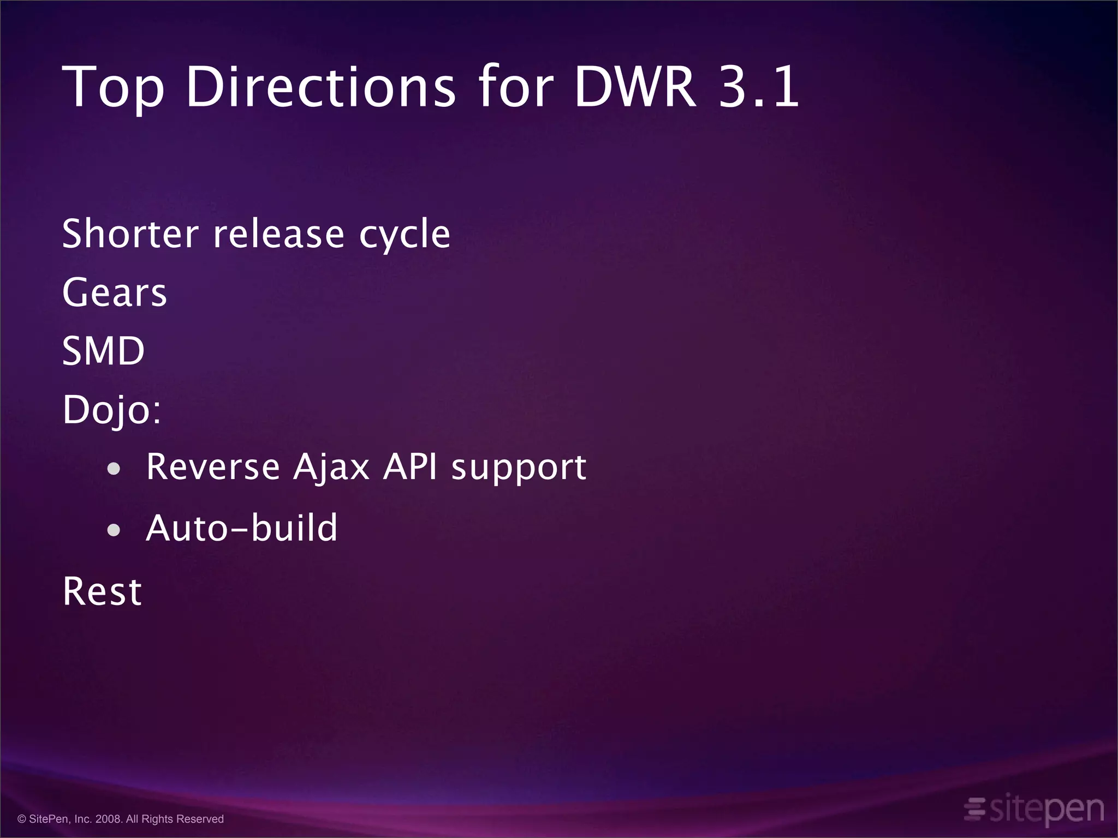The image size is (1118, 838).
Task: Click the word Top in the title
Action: pyautogui.click(x=113, y=87)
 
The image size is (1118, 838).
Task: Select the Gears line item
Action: pyautogui.click(x=114, y=292)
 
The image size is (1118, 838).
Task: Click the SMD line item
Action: pyautogui.click(x=103, y=351)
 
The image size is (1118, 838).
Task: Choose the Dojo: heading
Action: pyautogui.click(x=112, y=410)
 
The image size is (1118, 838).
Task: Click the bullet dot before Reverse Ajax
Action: pyautogui.click(x=114, y=469)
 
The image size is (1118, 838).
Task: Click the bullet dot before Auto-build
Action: pyautogui.click(x=114, y=530)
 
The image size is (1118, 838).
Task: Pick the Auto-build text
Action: pyautogui.click(x=242, y=528)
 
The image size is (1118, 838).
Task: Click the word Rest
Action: pyautogui.click(x=102, y=591)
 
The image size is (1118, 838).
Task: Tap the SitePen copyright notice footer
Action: pyautogui.click(x=121, y=819)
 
